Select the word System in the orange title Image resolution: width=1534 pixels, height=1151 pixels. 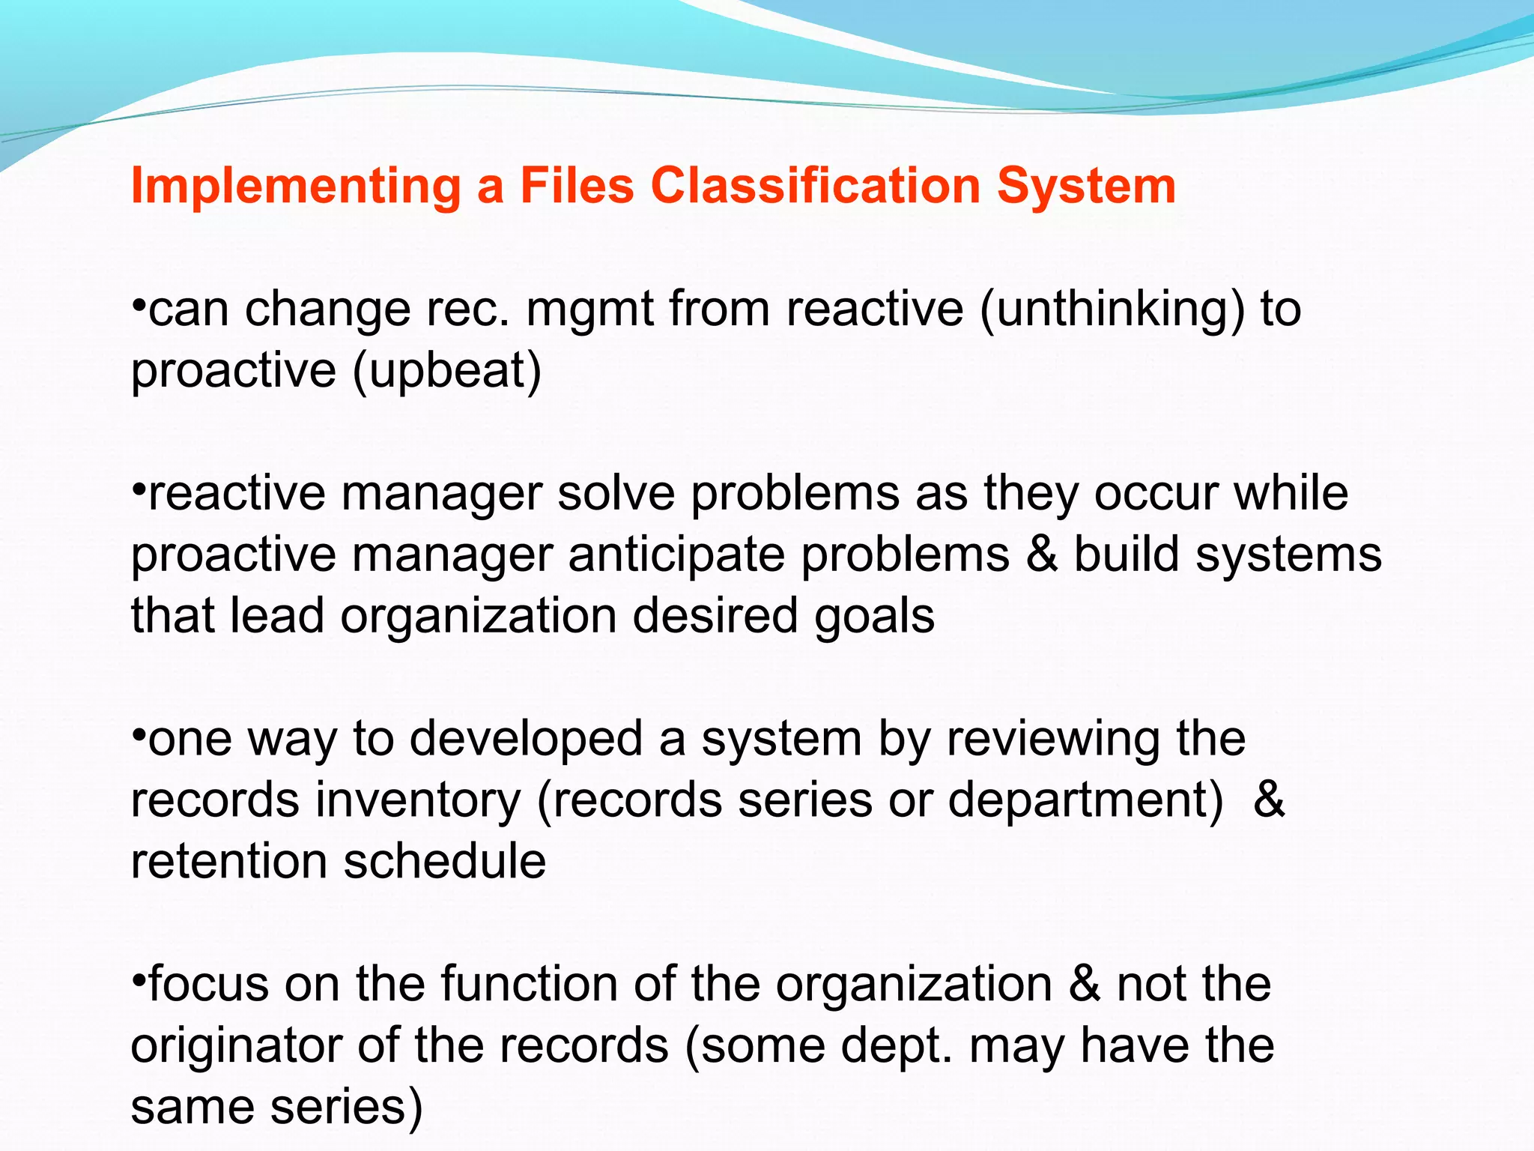[x=1086, y=186]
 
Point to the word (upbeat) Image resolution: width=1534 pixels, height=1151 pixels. [x=446, y=371]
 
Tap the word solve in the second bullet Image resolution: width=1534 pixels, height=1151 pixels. [x=616, y=494]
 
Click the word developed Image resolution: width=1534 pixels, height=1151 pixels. [x=527, y=739]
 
